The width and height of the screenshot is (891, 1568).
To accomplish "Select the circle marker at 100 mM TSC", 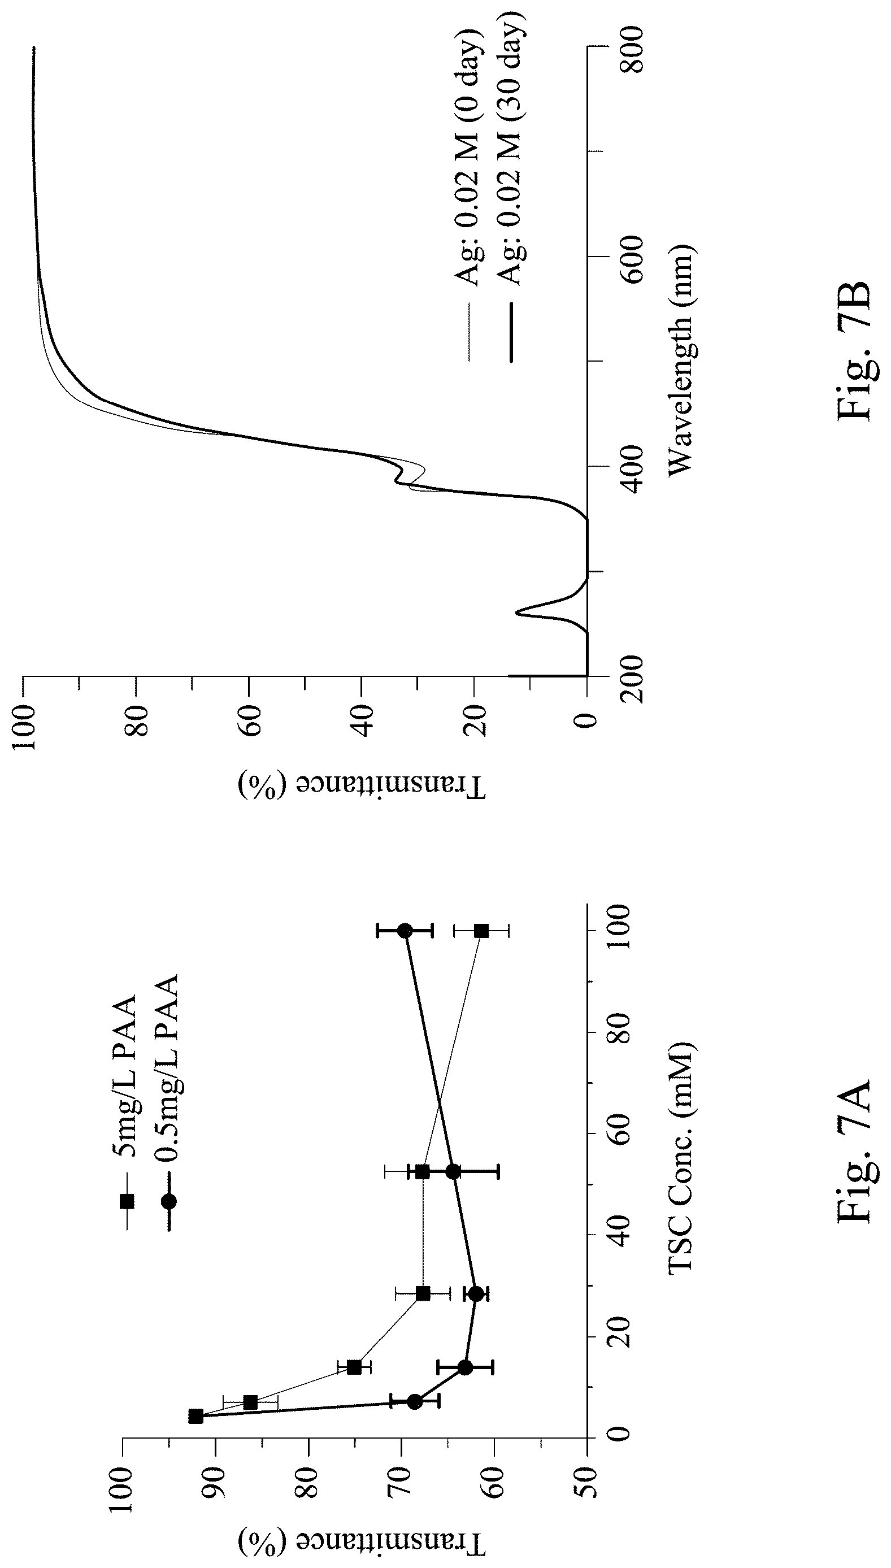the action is [405, 931].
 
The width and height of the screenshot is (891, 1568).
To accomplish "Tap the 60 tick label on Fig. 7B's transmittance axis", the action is [249, 720].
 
